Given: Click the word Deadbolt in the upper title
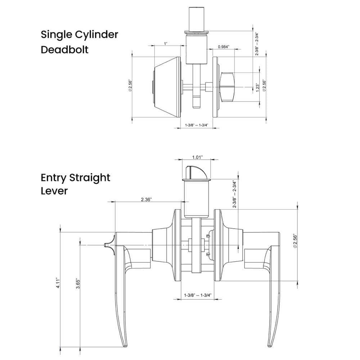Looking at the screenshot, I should click(64, 49).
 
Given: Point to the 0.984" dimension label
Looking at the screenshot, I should click(224, 47).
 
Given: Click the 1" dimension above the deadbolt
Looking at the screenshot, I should click(166, 44).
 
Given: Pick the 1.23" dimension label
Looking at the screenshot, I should click(257, 88).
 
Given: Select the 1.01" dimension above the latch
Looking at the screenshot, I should click(197, 157).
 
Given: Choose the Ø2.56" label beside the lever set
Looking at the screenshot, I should click(296, 240).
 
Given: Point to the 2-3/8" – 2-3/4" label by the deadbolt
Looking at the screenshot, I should click(257, 44).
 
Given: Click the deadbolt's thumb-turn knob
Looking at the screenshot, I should click(228, 86).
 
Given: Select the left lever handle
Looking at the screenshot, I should click(121, 288).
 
